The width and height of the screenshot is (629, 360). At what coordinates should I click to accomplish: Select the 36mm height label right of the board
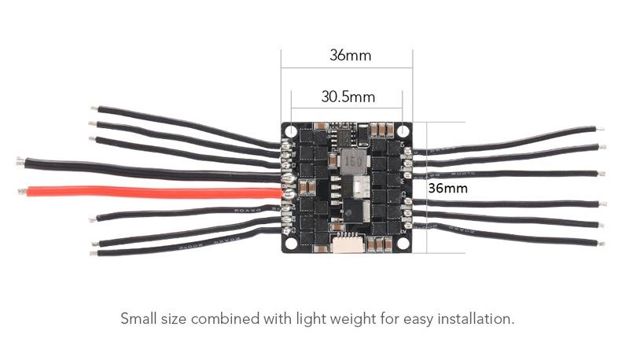pyautogui.click(x=447, y=189)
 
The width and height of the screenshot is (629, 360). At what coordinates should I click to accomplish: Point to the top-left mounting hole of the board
pyautogui.click(x=291, y=130)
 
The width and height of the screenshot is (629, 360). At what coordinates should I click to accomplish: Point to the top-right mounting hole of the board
pyautogui.click(x=403, y=130)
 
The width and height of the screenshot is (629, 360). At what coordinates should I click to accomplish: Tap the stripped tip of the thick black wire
pyautogui.click(x=20, y=162)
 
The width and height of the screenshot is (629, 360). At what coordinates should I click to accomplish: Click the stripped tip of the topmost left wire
pyautogui.click(x=95, y=108)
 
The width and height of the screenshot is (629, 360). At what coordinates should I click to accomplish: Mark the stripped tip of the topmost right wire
pyautogui.click(x=601, y=127)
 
